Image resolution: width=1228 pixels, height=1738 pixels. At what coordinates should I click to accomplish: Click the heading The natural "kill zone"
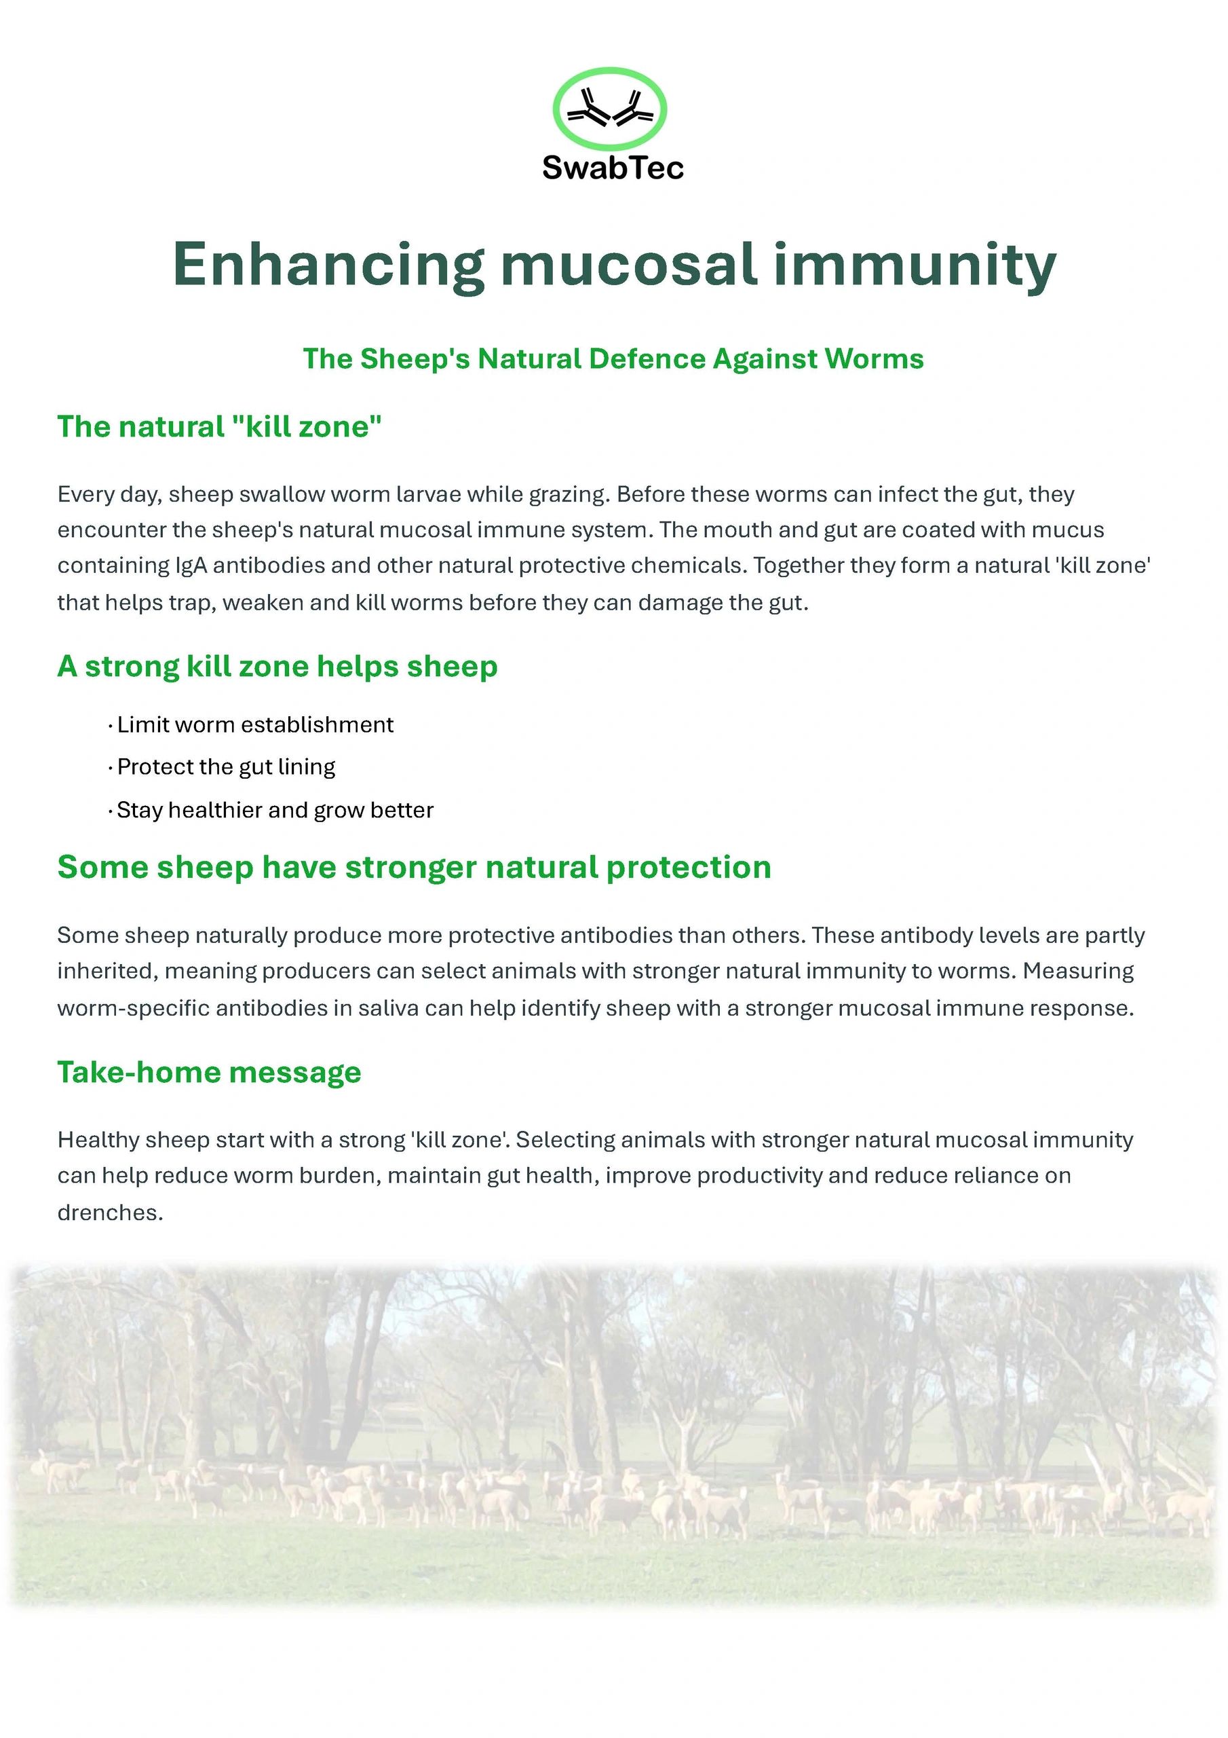point(219,427)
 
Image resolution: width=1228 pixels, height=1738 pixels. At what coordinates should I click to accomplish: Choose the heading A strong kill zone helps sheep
point(277,666)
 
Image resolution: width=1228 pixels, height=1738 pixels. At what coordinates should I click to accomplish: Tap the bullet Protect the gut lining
point(222,768)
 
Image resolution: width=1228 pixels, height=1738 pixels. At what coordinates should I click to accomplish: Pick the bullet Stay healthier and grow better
point(271,811)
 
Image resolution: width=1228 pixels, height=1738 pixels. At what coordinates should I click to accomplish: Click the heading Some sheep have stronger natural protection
point(415,868)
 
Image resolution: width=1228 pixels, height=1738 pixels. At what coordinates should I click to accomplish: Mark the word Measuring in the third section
point(1078,972)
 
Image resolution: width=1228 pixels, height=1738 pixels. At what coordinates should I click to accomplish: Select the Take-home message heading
point(210,1073)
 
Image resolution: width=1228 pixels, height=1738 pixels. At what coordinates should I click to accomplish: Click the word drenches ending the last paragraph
point(111,1213)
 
